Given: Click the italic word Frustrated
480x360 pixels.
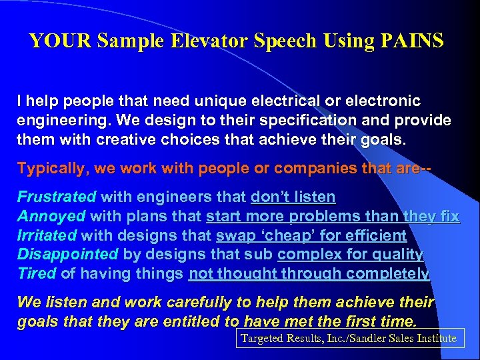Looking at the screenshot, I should (x=57, y=197).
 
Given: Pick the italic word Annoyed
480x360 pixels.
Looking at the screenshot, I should (x=51, y=216).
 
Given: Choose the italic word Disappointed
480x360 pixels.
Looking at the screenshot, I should (x=69, y=254).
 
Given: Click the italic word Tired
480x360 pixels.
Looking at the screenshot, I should (x=37, y=273).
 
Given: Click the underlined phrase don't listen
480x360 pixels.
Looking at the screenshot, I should (x=293, y=197).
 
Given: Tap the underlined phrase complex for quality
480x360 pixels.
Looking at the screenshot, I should (x=350, y=254).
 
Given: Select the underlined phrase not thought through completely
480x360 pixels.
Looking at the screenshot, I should (x=309, y=273).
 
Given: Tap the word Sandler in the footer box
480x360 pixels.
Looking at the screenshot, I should (x=361, y=338).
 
